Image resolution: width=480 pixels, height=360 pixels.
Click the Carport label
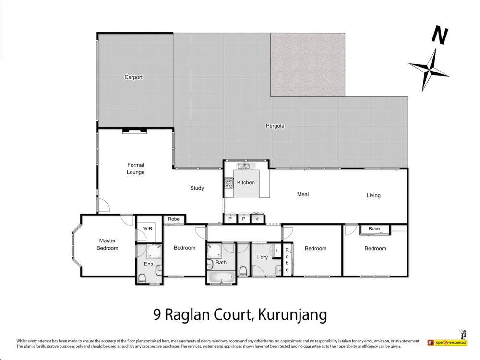tap(133, 77)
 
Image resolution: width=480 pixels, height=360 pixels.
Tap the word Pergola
tap(275, 126)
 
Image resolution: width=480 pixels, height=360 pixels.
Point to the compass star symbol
tap(429, 68)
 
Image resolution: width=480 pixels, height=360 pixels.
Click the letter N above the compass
tap(440, 35)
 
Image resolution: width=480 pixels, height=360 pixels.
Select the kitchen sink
tap(243, 167)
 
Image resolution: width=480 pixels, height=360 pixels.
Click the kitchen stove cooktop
tap(228, 182)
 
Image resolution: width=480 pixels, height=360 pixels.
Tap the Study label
tap(197, 188)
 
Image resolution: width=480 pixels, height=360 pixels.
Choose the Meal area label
tap(303, 194)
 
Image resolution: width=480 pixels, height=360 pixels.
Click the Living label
tap(373, 195)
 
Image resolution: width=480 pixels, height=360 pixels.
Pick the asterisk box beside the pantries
tap(258, 219)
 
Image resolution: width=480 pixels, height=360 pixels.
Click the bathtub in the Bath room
tap(221, 277)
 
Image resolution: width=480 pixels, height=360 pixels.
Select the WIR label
tap(147, 229)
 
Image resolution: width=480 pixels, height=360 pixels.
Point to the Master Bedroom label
tap(108, 244)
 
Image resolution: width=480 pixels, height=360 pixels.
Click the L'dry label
tap(262, 258)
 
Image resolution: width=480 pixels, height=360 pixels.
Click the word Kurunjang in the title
tap(293, 315)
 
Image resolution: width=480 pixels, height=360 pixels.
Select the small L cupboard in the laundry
tap(277, 251)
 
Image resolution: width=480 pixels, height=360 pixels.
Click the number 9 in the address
tap(157, 315)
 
